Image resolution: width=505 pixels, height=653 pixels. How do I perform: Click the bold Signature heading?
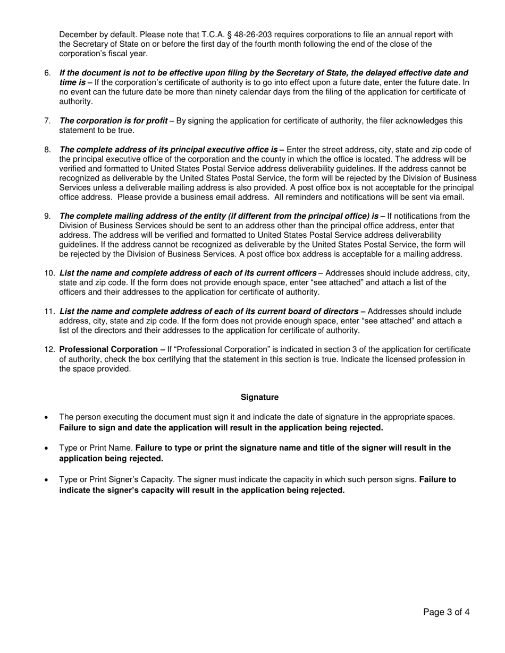click(x=259, y=397)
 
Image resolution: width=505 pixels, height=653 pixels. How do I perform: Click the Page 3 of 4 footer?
click(x=446, y=612)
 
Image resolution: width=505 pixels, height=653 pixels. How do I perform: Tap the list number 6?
click(x=47, y=73)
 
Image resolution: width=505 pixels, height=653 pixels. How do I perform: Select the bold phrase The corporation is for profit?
click(x=113, y=121)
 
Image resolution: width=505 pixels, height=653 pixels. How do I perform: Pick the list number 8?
click(x=47, y=150)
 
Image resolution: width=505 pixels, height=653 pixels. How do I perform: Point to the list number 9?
click(x=47, y=216)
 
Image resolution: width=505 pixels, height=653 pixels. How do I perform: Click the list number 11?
click(x=49, y=311)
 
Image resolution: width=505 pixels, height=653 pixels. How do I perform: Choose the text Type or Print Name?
click(x=96, y=448)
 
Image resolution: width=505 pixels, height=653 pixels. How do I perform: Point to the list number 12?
click(x=49, y=349)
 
